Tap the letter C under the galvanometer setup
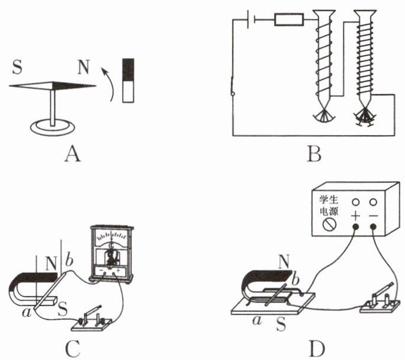[x=72, y=349]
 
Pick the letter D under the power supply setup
[x=314, y=349]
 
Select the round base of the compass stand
[x=54, y=127]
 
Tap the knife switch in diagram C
[x=91, y=320]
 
